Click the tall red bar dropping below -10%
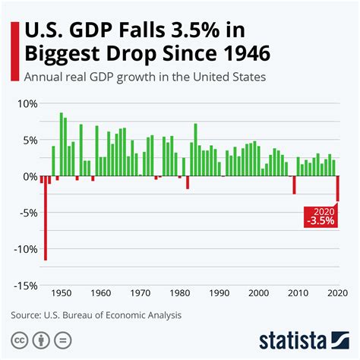point(46,218)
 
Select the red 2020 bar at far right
point(337,188)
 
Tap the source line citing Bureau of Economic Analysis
point(96,314)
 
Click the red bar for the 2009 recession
point(294,185)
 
